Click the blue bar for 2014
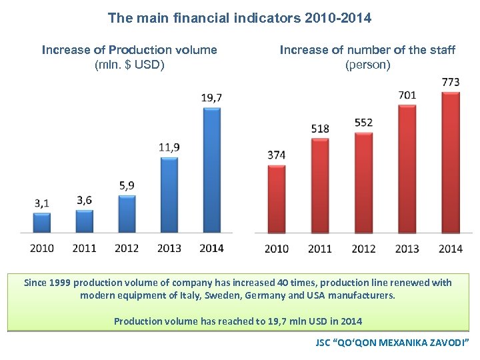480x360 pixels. pyautogui.click(x=211, y=170)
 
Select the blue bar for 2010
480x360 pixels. pyautogui.click(x=42, y=222)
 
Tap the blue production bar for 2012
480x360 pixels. pyautogui.click(x=127, y=213)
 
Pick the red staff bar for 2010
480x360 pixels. pyautogui.click(x=276, y=199)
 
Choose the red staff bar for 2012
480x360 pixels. pyautogui.click(x=363, y=183)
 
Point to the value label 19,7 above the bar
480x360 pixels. pyautogui.click(x=211, y=98)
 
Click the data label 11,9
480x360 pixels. pyautogui.click(x=169, y=147)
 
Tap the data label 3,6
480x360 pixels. pyautogui.click(x=85, y=200)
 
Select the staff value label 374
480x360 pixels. pyautogui.click(x=276, y=155)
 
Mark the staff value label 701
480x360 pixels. pyautogui.click(x=407, y=95)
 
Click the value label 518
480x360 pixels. pyautogui.click(x=320, y=128)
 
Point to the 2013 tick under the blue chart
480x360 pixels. pyautogui.click(x=169, y=248)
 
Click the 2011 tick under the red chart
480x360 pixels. pyautogui.click(x=320, y=249)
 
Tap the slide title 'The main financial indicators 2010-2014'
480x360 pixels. pyautogui.click(x=239, y=18)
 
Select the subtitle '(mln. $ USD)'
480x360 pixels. pyautogui.click(x=129, y=65)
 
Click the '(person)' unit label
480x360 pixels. pyautogui.click(x=367, y=65)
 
